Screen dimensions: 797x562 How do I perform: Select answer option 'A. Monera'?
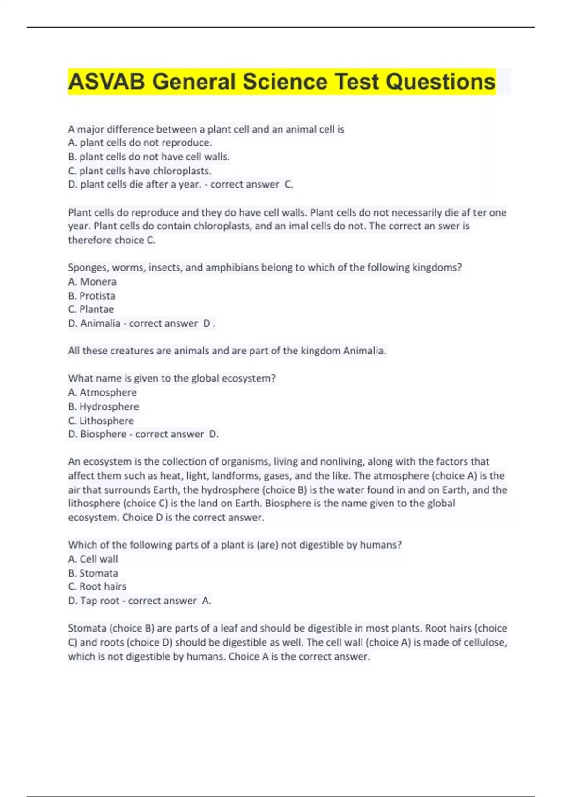92,282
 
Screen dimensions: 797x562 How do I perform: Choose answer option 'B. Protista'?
92,296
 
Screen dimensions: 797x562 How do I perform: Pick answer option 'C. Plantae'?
91,309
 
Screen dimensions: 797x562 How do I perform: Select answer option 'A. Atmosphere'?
103,392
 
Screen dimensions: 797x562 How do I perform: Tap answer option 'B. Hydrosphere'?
104,406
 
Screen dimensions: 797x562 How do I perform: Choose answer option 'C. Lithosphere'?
101,421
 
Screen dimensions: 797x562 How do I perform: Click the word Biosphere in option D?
103,435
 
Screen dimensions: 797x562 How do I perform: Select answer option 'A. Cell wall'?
93,559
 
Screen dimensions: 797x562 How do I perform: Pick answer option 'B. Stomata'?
93,573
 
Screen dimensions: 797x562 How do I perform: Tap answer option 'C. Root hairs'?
97,586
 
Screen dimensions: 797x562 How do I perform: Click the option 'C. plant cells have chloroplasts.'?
140,171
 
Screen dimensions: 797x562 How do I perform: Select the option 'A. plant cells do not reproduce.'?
140,143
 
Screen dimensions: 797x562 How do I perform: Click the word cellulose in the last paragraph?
485,642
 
